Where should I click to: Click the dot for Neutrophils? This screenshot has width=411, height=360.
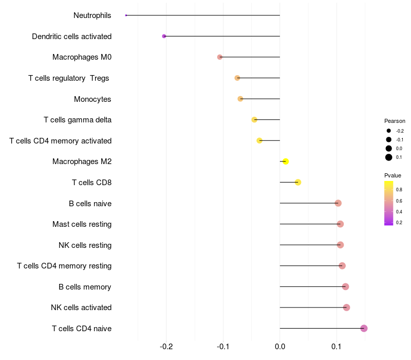point(126,15)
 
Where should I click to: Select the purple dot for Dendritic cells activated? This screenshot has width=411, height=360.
point(164,36)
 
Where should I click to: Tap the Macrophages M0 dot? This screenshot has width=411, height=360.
point(220,57)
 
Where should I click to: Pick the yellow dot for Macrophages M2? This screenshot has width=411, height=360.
point(286,161)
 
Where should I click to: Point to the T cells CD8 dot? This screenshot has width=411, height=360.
point(298,183)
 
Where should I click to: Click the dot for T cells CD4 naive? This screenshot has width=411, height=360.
point(364,328)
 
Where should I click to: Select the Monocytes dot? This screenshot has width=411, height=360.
point(240,99)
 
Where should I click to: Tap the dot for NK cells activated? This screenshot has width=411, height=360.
point(346,308)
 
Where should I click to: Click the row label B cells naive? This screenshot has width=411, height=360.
point(90,203)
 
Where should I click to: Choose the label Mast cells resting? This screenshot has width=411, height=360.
point(82,224)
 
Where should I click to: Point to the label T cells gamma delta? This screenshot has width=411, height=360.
point(78,120)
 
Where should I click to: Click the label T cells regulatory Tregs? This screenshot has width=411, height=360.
point(69,78)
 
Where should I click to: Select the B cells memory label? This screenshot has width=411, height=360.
point(85,286)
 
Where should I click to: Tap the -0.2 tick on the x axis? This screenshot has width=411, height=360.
point(166,346)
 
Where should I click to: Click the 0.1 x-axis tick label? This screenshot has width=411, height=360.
point(337,346)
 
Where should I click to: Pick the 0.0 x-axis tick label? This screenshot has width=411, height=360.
point(280,346)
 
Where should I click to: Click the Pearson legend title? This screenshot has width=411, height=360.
point(395,121)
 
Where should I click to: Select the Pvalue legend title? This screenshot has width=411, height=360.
point(393,175)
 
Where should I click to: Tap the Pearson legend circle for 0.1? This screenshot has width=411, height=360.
point(389,157)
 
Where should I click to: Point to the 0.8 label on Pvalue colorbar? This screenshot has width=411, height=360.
point(399,190)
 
